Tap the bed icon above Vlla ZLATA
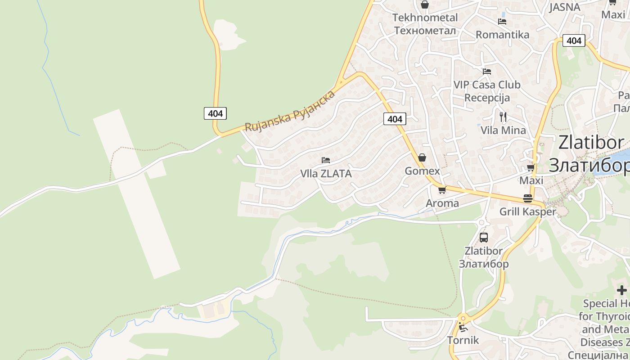[326, 160]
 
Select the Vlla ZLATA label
[326, 173]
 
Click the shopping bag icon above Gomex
[422, 157]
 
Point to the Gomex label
[422, 171]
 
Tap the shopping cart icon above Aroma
[442, 190]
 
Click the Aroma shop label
[442, 203]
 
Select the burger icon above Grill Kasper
[528, 198]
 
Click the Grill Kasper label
[528, 211]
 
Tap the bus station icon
[484, 237]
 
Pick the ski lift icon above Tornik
[463, 327]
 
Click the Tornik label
[463, 340]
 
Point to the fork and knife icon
[503, 117]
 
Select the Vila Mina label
[503, 130]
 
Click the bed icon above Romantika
[502, 21]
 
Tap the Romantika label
[502, 35]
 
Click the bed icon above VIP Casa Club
[487, 71]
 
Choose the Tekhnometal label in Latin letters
[425, 18]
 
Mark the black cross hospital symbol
[622, 290]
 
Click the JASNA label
[565, 7]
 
